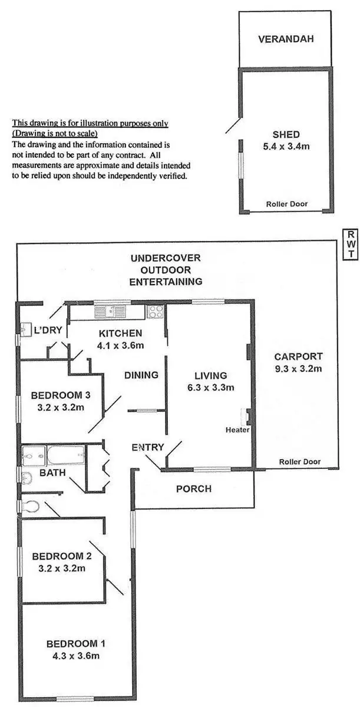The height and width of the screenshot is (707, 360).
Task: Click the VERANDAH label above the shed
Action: (286, 40)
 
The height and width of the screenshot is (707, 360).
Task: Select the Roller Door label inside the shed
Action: (286, 204)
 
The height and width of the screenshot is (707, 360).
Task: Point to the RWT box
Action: (349, 244)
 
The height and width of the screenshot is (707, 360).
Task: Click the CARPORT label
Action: (298, 356)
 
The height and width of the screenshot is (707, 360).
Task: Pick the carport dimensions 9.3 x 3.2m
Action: (298, 369)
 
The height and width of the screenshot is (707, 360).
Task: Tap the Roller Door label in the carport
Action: (300, 462)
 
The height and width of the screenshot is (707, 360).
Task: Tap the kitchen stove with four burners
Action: (156, 311)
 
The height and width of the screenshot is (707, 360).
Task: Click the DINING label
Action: (141, 375)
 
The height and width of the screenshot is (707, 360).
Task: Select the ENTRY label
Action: (147, 448)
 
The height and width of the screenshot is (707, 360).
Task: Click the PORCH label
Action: (194, 488)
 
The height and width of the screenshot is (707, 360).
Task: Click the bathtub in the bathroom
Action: (66, 456)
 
